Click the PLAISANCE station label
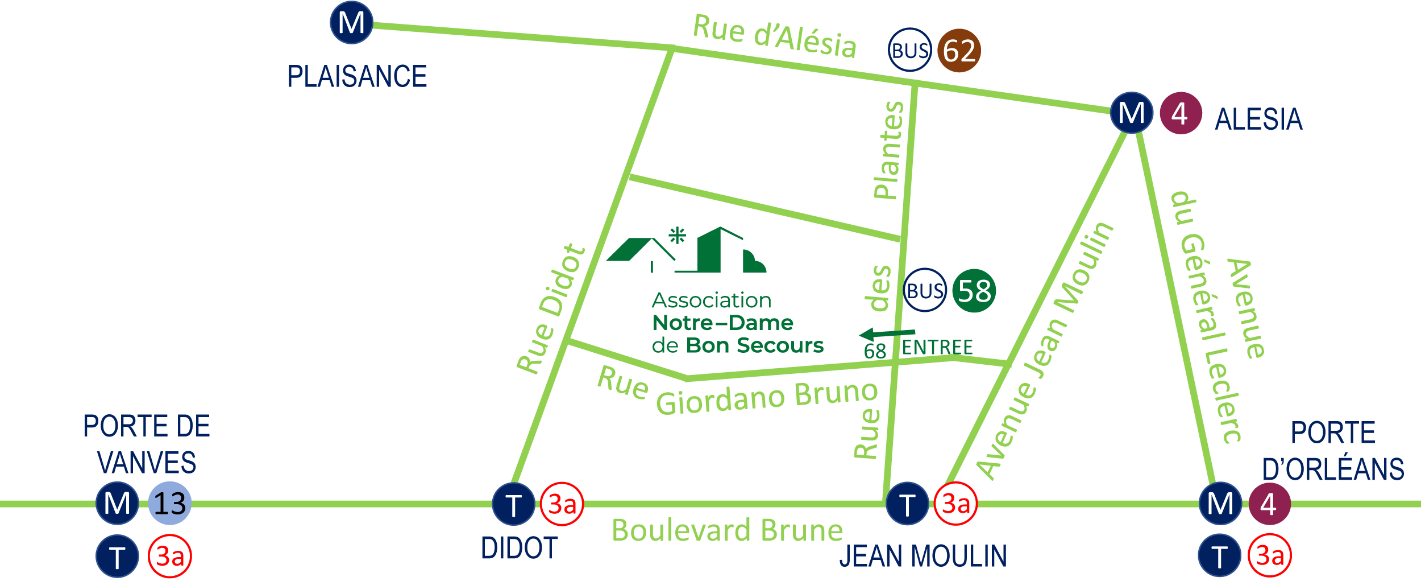coord(357,77)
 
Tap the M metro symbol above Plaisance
coord(351,23)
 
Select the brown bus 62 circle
coord(959,51)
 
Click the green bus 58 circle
coord(974,291)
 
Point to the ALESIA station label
coord(1258,120)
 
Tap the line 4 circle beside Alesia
coord(1181,113)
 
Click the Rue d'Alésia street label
coord(774,36)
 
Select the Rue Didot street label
coord(550,310)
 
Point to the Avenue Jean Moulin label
coord(1045,352)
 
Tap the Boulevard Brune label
coord(727,530)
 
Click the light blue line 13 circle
coord(170,504)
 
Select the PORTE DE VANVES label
coord(147,444)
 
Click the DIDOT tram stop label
coord(519,548)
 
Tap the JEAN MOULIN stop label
coord(923,556)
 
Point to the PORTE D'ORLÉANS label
coord(1333,451)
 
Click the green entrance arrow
coord(887,333)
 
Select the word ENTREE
coord(937,347)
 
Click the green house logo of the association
coord(686,251)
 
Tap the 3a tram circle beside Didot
coord(562,504)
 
